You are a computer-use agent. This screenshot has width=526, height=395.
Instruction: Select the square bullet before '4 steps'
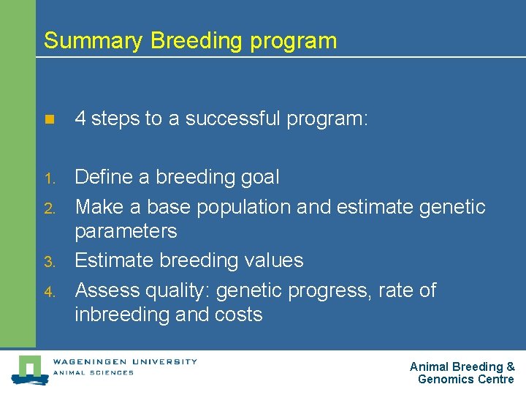pyautogui.click(x=49, y=120)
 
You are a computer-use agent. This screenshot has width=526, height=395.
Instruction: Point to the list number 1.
pyautogui.click(x=49, y=178)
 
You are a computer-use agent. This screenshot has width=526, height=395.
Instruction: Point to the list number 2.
pyautogui.click(x=49, y=208)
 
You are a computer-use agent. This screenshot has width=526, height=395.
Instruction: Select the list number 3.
pyautogui.click(x=49, y=262)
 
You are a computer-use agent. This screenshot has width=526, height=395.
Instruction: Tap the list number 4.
pyautogui.click(x=49, y=292)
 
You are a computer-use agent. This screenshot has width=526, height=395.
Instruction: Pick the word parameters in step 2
pyautogui.click(x=126, y=232)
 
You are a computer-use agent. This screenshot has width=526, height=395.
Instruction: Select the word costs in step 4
pyautogui.click(x=239, y=315)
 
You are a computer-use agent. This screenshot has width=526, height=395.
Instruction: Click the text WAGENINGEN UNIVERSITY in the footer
pyautogui.click(x=124, y=361)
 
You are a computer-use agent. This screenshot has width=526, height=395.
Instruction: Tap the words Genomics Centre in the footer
pyautogui.click(x=465, y=379)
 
